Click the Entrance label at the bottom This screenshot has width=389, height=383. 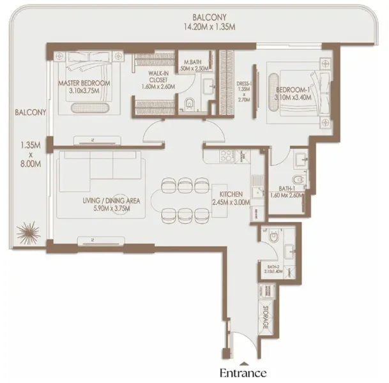243,372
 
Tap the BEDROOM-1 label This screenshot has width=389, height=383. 295,91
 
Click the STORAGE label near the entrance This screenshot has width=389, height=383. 265,317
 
